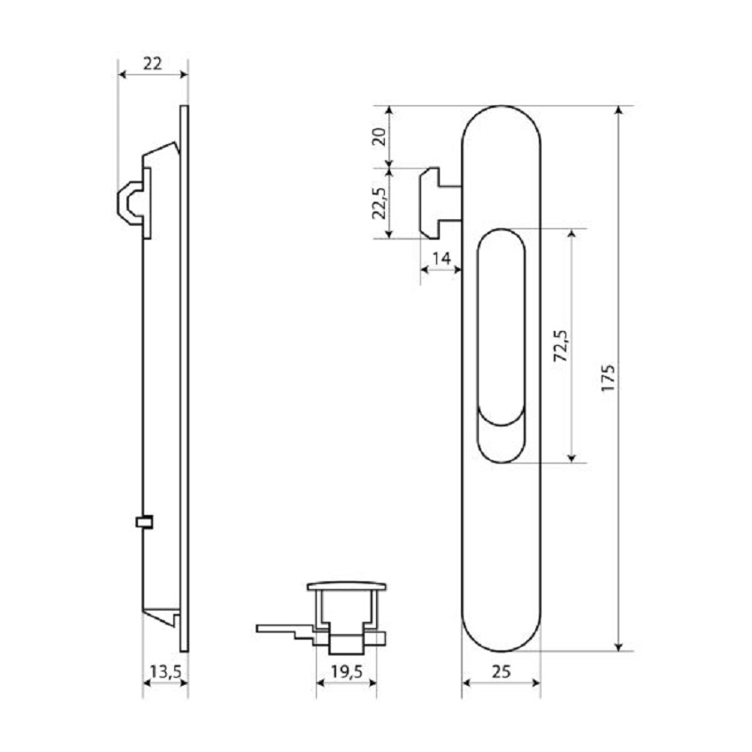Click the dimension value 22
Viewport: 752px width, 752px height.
tap(152, 64)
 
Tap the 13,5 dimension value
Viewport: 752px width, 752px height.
tap(165, 671)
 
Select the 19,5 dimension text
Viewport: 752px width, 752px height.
tap(346, 671)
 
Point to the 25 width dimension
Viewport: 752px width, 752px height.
tap(501, 671)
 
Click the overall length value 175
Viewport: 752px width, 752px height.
tap(608, 378)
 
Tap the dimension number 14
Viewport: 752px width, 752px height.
tap(441, 258)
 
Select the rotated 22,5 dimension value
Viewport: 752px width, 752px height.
tap(379, 203)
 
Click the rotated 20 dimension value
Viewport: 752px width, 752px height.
tap(379, 136)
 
